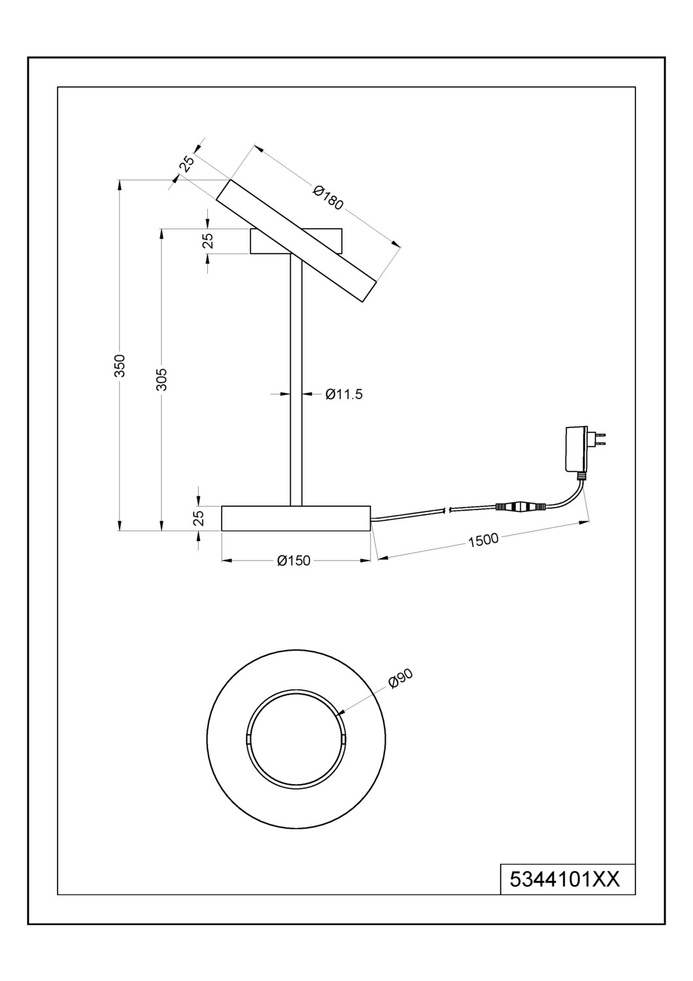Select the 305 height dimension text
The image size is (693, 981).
click(x=162, y=379)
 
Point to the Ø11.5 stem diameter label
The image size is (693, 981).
click(x=344, y=394)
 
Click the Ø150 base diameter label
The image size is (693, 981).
click(x=294, y=560)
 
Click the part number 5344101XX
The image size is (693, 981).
click(x=564, y=880)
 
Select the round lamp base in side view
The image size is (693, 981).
click(x=296, y=518)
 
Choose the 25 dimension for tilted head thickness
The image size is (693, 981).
click(x=186, y=164)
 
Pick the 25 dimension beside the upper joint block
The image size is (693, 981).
click(x=208, y=241)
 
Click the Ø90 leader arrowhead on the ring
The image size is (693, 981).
click(x=341, y=714)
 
